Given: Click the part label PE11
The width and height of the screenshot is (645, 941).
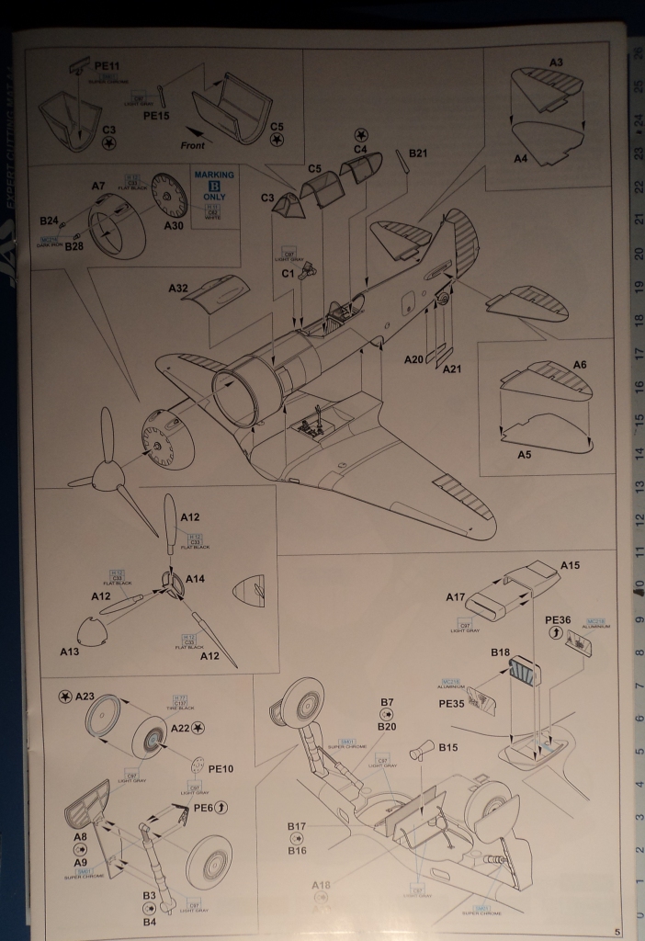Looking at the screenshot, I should [x=107, y=66].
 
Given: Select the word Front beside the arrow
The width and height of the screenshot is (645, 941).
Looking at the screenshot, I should [x=185, y=144].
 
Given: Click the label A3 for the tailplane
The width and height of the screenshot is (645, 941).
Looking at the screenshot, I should [x=556, y=62].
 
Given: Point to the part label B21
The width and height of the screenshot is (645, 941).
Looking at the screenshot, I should [x=418, y=153].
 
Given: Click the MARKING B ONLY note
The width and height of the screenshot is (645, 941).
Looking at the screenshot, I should [x=214, y=185].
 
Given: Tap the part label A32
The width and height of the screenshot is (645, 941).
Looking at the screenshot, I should [x=178, y=289].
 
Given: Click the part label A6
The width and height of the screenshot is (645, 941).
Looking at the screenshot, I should [x=579, y=365].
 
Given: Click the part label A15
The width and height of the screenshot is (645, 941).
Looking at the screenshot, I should [x=571, y=566].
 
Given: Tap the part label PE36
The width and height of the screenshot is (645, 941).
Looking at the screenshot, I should [x=558, y=619].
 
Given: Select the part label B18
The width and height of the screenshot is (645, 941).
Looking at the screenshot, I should [x=500, y=653].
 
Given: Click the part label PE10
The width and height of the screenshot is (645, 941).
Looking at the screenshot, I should [x=221, y=768].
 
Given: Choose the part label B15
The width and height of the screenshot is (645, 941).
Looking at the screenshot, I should [x=447, y=747].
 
